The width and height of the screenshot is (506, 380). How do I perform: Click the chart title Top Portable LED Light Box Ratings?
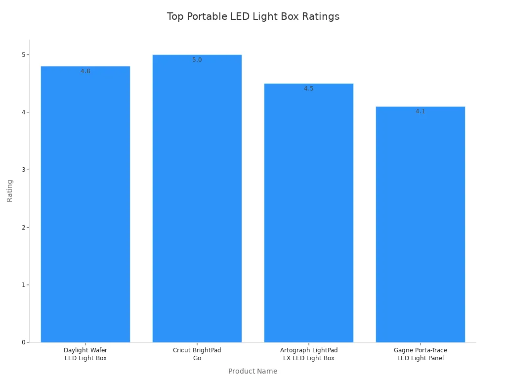(253, 16)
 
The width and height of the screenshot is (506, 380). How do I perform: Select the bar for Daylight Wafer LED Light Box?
(85, 204)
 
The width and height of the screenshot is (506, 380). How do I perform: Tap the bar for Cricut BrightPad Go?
(197, 198)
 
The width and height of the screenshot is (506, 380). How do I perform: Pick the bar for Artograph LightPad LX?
(309, 213)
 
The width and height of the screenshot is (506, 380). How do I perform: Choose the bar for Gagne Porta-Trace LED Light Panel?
(421, 224)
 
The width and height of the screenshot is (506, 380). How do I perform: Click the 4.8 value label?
(85, 71)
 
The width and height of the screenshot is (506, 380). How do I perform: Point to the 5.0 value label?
(197, 60)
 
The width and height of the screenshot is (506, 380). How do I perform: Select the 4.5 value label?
(309, 89)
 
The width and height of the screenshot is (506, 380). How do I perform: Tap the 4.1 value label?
(421, 111)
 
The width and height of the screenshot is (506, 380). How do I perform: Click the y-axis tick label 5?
(23, 54)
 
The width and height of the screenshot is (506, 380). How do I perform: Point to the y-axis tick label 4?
(23, 112)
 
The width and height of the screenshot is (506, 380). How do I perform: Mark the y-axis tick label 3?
(23, 170)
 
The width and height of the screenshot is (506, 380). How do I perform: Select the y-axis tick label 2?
(23, 227)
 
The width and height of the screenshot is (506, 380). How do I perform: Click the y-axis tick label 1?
(23, 285)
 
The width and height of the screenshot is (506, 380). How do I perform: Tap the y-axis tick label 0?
(23, 342)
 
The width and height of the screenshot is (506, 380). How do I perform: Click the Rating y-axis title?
(10, 190)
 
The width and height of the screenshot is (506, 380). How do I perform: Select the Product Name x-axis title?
(253, 371)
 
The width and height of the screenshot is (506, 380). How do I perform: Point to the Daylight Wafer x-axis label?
(85, 354)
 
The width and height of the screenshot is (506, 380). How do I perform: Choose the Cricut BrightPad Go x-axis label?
(197, 354)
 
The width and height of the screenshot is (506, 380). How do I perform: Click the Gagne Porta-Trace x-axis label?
(421, 354)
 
